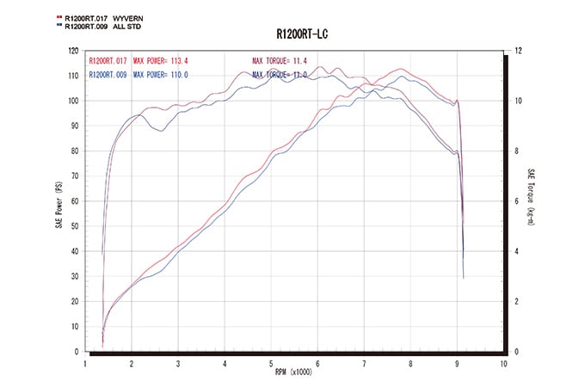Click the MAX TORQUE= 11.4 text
280,62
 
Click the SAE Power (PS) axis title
58,200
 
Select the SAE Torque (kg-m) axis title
533,200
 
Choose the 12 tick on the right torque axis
517,50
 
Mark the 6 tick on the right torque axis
516,201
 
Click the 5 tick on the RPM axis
271,363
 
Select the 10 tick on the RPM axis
502,363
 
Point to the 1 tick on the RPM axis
85,363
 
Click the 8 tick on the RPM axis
410,363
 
